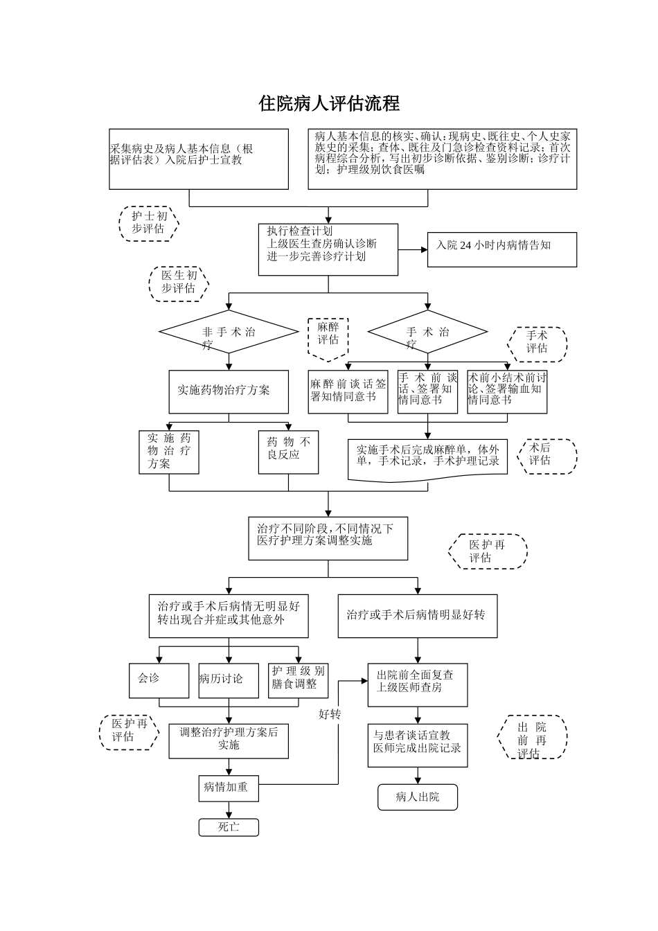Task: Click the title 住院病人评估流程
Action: point(329,103)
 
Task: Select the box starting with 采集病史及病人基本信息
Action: point(199,159)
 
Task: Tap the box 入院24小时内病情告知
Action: point(501,249)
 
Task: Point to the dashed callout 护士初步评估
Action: point(149,223)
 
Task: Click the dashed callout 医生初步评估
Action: point(179,283)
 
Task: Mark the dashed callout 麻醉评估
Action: point(328,337)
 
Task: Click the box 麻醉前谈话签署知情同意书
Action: point(348,391)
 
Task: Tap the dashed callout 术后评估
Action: point(546,456)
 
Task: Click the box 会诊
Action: point(159,680)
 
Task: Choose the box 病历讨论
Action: point(228,680)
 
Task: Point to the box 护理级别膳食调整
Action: point(298,680)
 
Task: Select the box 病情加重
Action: point(229,788)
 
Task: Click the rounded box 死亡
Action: point(229,827)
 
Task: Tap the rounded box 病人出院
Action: point(418,797)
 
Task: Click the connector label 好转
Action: point(330,714)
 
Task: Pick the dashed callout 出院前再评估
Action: point(533,738)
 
